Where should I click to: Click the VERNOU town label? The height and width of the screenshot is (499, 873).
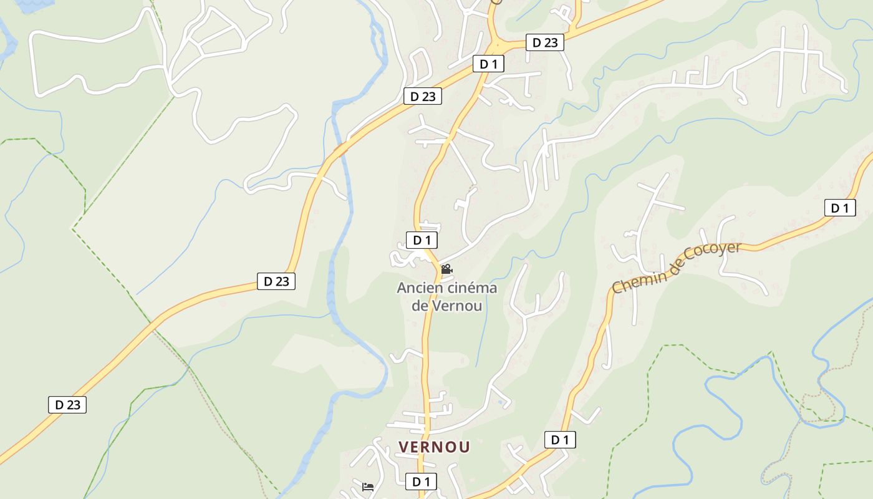click(x=434, y=447)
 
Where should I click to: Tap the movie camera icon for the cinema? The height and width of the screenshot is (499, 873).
click(x=446, y=269)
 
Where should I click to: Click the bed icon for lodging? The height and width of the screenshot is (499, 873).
click(x=367, y=487)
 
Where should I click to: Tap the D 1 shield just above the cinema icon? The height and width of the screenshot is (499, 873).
click(x=422, y=240)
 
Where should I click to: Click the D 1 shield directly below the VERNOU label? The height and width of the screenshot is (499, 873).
click(x=421, y=482)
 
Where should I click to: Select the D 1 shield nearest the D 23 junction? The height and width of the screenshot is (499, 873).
click(x=488, y=64)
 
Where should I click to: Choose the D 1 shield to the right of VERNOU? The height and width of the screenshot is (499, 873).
click(x=560, y=440)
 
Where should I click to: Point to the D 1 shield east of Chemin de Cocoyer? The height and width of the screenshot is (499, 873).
click(x=839, y=208)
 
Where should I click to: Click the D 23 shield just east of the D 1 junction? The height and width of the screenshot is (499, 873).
click(x=545, y=42)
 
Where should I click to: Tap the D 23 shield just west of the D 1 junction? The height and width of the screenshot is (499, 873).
click(x=423, y=96)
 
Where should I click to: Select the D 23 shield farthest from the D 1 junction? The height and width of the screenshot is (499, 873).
click(x=67, y=404)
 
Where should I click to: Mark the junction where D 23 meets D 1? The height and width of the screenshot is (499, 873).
click(x=496, y=47)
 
